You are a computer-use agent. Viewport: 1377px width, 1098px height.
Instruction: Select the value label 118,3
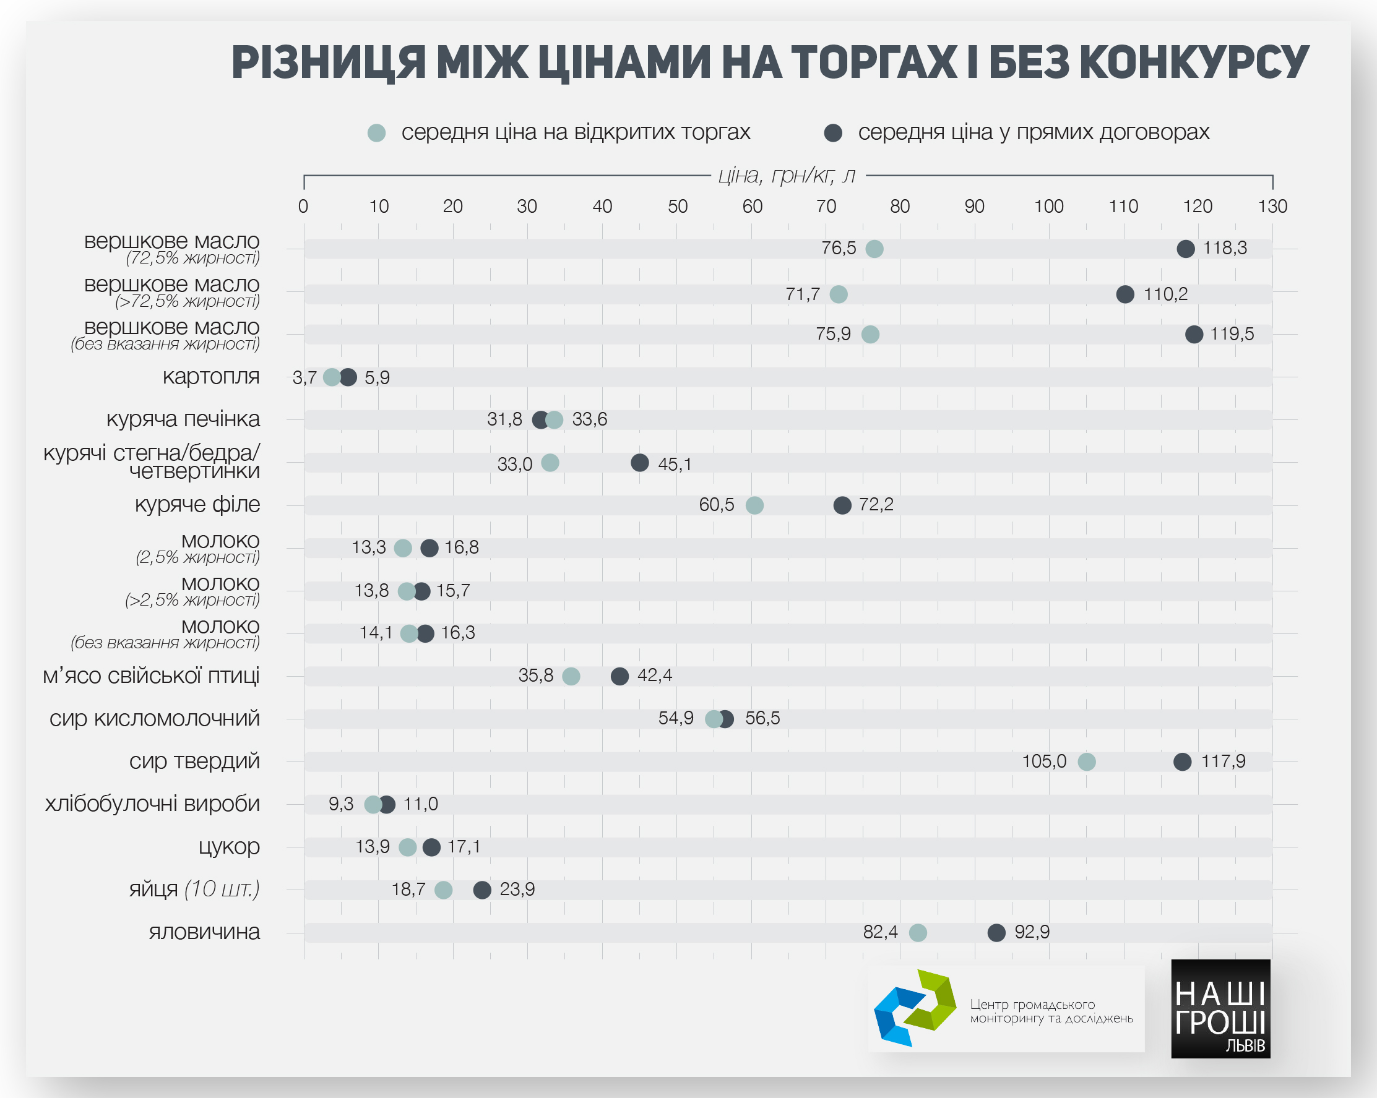1224,247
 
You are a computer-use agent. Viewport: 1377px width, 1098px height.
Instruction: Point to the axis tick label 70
826,206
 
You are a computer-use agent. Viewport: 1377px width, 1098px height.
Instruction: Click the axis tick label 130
1272,206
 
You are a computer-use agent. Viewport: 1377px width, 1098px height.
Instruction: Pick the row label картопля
211,377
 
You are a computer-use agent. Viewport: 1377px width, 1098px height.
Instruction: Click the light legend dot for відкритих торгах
377,133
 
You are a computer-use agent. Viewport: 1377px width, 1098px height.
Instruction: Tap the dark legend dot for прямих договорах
833,133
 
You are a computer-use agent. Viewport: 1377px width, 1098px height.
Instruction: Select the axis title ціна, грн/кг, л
787,175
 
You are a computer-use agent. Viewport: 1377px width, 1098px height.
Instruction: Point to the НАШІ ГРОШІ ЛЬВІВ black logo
1220,1009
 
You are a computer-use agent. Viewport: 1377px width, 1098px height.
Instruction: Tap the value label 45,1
675,464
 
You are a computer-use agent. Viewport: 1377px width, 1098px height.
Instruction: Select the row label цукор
228,846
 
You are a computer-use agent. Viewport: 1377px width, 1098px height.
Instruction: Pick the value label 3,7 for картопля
304,378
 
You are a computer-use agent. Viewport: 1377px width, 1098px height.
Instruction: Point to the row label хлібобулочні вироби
152,804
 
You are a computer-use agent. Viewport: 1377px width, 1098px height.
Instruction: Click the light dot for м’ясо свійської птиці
571,676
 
